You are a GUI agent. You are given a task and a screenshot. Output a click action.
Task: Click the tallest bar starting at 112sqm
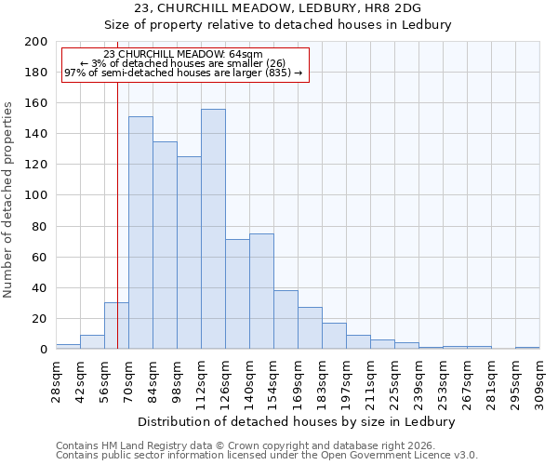[213, 229]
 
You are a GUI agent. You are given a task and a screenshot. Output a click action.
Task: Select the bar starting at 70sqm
[140, 232]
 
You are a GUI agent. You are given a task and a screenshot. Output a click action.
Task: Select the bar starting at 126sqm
[237, 294]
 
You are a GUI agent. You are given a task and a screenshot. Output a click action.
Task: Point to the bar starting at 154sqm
[286, 320]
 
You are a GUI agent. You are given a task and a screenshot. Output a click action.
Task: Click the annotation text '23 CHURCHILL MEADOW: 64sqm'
[183, 55]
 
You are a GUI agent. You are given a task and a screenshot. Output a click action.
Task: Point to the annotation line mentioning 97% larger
[183, 73]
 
